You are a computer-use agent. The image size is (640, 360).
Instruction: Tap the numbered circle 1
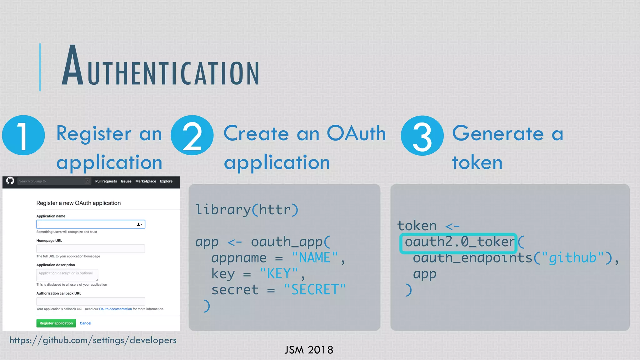click(23, 135)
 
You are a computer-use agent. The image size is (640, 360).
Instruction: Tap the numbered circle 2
click(192, 135)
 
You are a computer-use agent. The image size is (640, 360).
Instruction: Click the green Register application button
click(56, 323)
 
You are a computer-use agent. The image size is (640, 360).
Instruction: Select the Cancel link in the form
click(85, 323)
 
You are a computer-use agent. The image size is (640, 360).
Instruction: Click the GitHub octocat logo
click(10, 181)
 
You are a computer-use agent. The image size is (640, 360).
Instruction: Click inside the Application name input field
click(87, 224)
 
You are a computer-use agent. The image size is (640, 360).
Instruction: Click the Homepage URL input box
click(91, 249)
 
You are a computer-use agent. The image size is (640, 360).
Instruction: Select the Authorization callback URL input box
click(91, 302)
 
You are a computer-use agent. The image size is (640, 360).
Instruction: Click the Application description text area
click(67, 275)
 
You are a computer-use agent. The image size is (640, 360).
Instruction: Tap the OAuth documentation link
click(115, 309)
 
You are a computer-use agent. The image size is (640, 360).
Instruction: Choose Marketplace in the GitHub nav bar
click(146, 181)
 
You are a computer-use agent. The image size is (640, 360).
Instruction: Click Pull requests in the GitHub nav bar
click(106, 181)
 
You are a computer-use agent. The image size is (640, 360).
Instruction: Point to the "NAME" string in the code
click(315, 258)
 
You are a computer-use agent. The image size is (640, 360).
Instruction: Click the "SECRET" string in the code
click(315, 290)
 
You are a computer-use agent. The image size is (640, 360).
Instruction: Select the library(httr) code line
click(247, 210)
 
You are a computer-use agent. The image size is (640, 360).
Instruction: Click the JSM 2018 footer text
click(309, 350)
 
